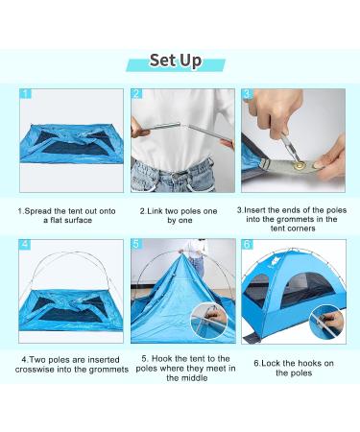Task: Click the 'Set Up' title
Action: [176, 60]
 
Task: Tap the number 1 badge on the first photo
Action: [26, 94]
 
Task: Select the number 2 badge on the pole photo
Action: [136, 94]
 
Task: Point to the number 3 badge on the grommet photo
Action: [247, 94]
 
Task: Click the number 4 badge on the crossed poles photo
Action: [25, 245]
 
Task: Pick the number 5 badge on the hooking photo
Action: [136, 244]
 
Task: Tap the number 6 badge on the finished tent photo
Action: [248, 245]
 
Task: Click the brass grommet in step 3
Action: [300, 165]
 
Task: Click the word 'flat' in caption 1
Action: [57, 220]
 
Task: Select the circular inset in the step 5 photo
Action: [208, 320]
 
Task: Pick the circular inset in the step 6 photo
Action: [326, 322]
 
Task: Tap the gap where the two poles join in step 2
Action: [186, 126]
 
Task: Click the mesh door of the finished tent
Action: [306, 291]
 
